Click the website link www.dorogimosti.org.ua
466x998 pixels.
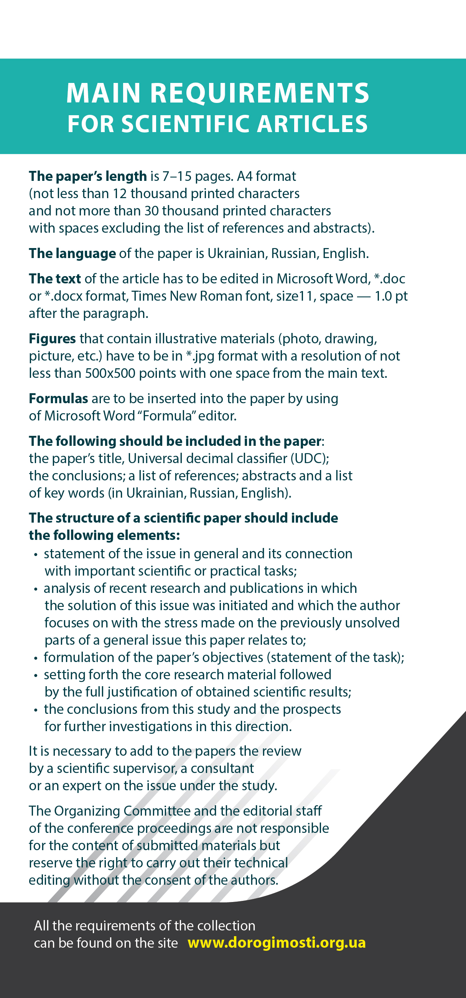tap(277, 942)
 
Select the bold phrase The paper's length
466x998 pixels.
tap(87, 176)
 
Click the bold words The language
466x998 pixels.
tap(72, 253)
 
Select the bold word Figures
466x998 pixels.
tap(52, 339)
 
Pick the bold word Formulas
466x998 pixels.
tap(58, 399)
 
